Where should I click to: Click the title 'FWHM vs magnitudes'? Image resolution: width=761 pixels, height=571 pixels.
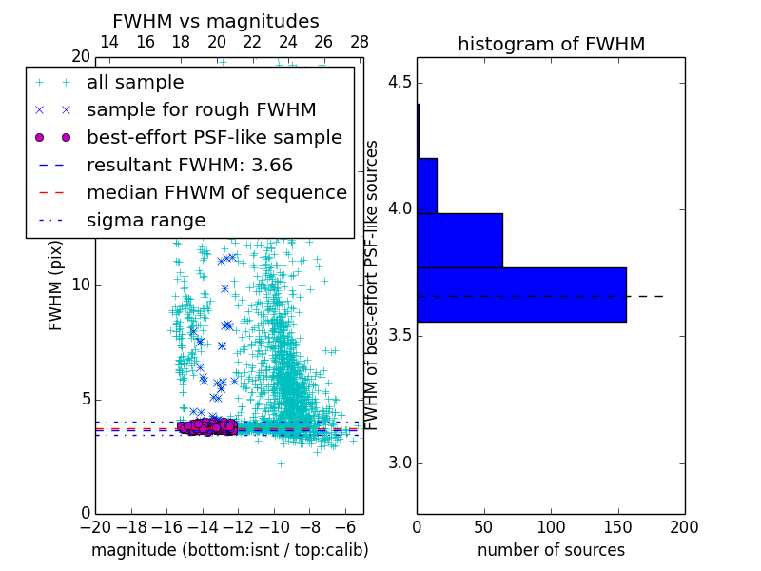[216, 21]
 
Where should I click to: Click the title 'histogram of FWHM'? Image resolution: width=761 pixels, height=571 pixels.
[551, 44]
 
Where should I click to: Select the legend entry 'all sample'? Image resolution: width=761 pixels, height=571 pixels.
[135, 83]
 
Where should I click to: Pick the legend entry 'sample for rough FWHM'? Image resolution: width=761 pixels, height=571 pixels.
[201, 109]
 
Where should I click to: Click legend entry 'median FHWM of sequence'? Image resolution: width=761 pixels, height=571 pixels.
[216, 192]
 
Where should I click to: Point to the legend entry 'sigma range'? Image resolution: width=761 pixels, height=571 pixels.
[146, 220]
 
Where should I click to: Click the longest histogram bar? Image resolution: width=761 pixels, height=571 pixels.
[521, 295]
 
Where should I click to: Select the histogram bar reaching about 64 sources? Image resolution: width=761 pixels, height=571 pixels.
[459, 240]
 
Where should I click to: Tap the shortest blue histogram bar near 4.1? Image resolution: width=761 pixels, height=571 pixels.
[427, 186]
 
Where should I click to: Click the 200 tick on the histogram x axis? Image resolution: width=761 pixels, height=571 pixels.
[684, 526]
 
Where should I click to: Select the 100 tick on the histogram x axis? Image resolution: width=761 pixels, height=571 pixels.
[551, 526]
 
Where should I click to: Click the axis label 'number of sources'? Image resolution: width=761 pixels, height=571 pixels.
[551, 550]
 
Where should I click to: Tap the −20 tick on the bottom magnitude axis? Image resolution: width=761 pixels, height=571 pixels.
[95, 526]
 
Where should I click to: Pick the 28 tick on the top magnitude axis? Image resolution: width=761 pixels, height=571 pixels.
[360, 43]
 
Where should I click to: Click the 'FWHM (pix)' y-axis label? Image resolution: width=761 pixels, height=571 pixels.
[56, 285]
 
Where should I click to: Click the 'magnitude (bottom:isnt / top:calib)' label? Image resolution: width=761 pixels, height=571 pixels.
[229, 550]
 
